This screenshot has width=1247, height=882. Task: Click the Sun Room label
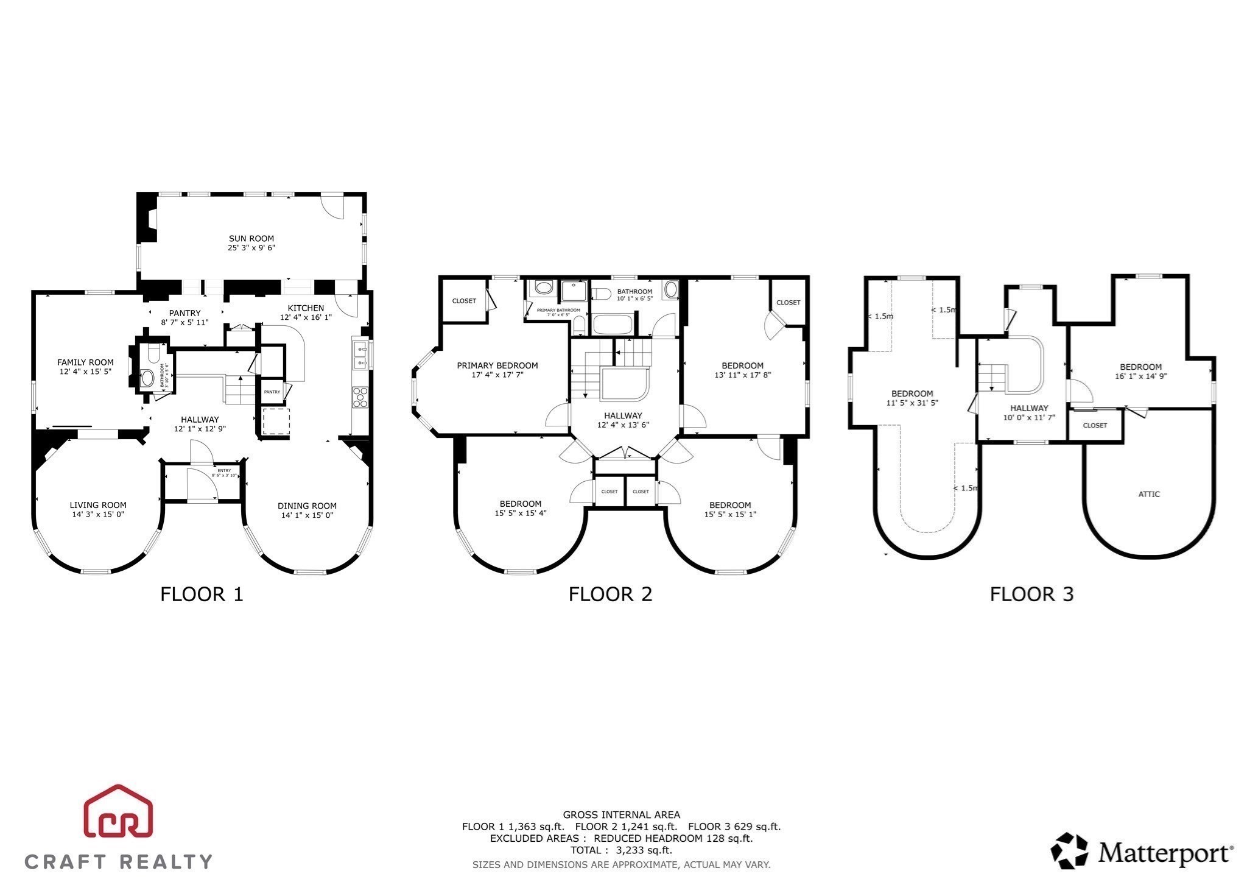[251, 238]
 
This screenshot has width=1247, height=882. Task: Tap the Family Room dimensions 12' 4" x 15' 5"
[85, 372]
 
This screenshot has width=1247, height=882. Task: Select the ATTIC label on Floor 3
[1149, 494]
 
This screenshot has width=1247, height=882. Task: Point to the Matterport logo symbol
[1069, 851]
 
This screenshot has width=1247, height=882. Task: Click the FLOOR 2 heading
[610, 594]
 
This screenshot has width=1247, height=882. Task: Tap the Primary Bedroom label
[497, 365]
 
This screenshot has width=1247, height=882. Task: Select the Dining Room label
[307, 506]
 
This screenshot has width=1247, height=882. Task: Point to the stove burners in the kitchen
[360, 397]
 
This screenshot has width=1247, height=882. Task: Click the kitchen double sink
[360, 356]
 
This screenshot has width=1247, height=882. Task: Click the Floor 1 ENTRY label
[224, 470]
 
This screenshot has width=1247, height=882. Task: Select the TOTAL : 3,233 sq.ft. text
[621, 850]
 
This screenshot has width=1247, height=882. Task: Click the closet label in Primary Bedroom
[464, 301]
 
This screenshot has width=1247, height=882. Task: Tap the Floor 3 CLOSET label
[1095, 425]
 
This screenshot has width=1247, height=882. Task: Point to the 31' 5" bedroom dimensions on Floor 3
[912, 403]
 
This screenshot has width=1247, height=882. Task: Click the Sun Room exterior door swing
[334, 207]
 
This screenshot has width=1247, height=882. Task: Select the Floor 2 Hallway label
[623, 415]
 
